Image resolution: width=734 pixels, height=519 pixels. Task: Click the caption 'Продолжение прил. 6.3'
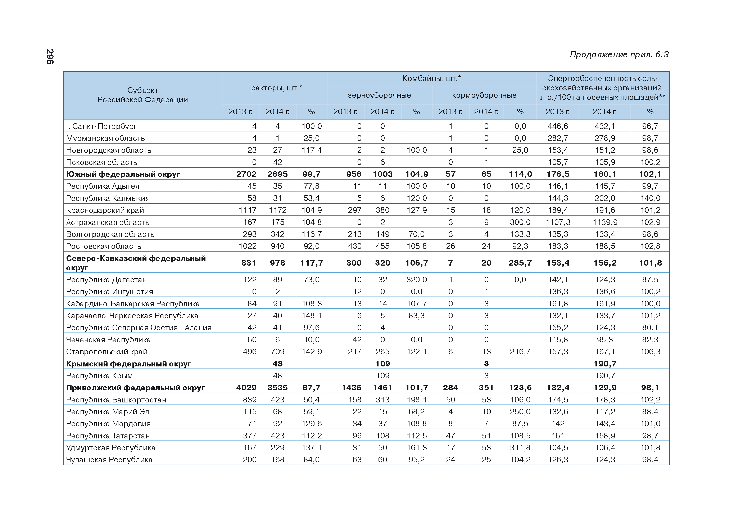pyautogui.click(x=619, y=55)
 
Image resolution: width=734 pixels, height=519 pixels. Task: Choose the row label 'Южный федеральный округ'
pyautogui.click(x=123, y=174)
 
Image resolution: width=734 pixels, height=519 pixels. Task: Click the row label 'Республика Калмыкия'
pyautogui.click(x=108, y=198)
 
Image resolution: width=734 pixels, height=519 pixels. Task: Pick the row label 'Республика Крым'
pyautogui.click(x=99, y=376)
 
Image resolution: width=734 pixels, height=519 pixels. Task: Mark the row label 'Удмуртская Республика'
pyautogui.click(x=111, y=448)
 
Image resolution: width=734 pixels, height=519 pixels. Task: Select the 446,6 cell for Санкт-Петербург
pyautogui.click(x=558, y=126)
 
